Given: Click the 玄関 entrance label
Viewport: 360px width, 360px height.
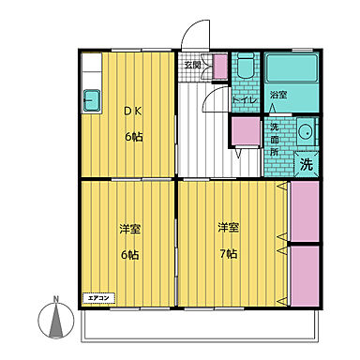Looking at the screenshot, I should pyautogui.click(x=193, y=66).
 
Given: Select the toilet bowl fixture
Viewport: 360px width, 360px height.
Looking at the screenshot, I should pyautogui.click(x=243, y=67).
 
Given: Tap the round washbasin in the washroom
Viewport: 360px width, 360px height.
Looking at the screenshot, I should pyautogui.click(x=305, y=132).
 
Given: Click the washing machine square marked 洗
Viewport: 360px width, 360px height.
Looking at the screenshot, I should pyautogui.click(x=306, y=163).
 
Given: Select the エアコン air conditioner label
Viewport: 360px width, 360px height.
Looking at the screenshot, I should pyautogui.click(x=98, y=298).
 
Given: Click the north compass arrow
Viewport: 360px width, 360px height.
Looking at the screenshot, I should pyautogui.click(x=56, y=323).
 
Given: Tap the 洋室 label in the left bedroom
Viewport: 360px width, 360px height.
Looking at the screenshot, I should pyautogui.click(x=128, y=229).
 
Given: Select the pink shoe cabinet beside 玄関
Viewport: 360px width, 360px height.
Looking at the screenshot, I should pyautogui.click(x=220, y=67).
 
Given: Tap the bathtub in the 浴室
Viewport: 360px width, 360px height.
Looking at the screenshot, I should pyautogui.click(x=291, y=68).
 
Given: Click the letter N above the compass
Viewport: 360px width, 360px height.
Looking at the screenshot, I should pyautogui.click(x=56, y=301).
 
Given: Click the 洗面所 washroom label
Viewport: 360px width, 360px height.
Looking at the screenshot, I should pyautogui.click(x=275, y=139).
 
